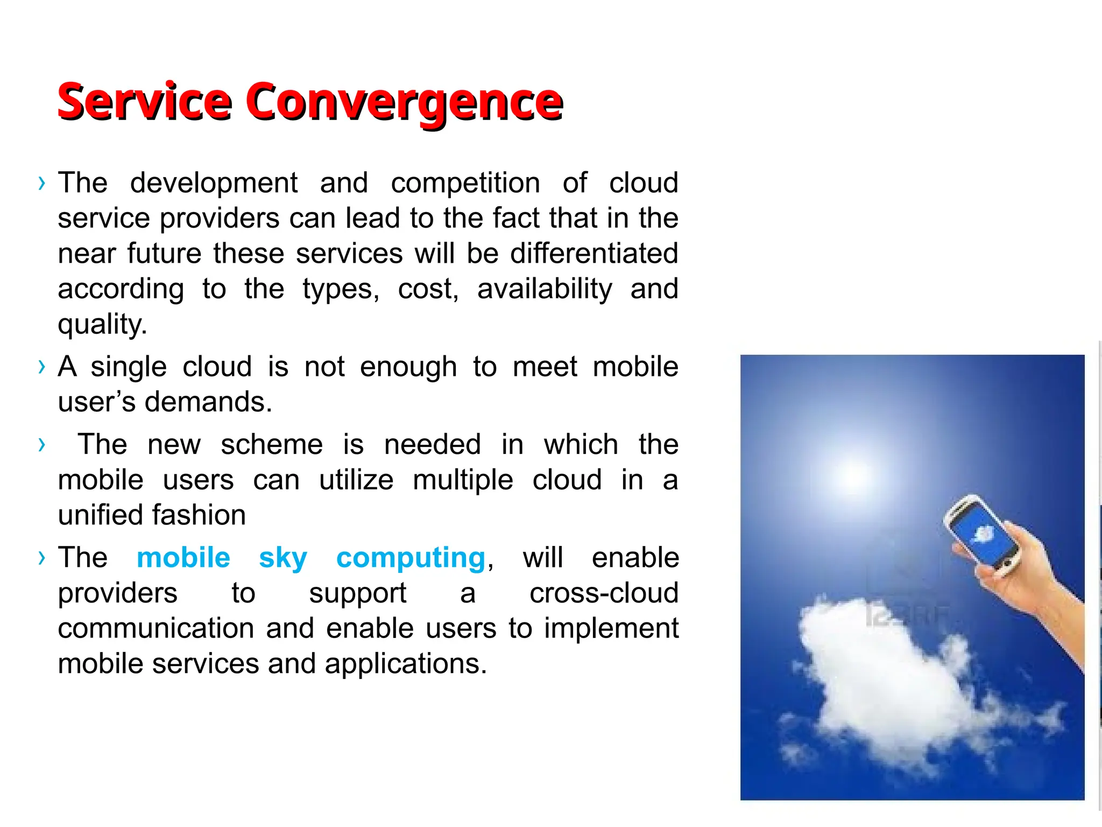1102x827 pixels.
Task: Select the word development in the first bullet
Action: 214,183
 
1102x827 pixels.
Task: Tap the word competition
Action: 465,183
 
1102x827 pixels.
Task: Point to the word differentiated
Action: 594,254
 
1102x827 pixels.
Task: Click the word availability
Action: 545,289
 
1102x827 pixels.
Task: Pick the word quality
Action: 102,325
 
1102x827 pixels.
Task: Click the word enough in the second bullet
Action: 408,367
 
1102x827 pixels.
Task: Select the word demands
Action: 208,402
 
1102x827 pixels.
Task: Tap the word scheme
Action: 272,445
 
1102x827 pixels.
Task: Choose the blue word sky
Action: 283,558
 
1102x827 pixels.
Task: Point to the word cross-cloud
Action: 604,593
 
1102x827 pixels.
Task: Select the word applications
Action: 405,664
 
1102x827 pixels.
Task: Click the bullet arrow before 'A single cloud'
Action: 42,367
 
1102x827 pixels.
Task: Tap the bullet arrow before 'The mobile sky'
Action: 42,558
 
